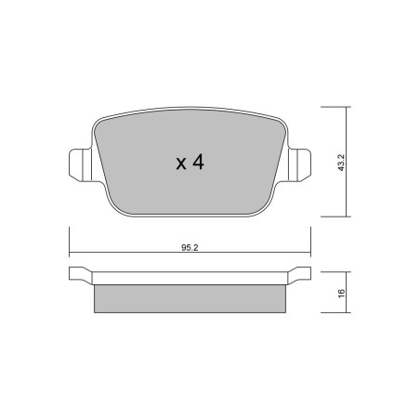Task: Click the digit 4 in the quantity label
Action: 197,163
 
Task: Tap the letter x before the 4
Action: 181,164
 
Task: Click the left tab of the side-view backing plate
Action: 80,275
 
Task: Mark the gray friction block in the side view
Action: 190,300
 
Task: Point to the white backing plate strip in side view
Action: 190,278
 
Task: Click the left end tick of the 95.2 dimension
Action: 71,255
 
